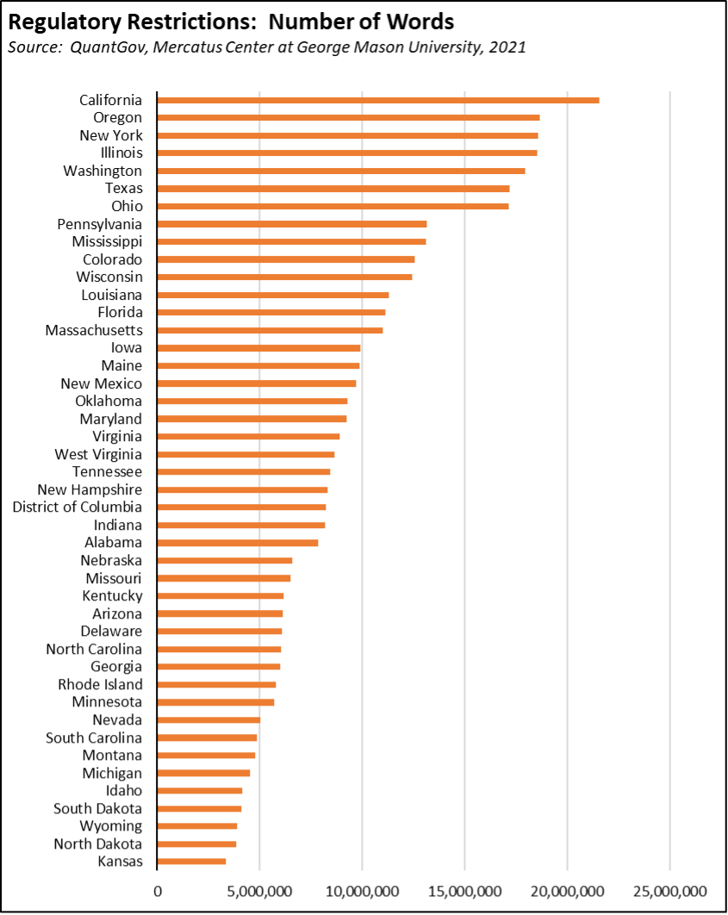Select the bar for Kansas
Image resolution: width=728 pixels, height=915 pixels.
tap(191, 861)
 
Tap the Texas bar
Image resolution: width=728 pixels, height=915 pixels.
tap(333, 188)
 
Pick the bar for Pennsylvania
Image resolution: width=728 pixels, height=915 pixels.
tap(291, 224)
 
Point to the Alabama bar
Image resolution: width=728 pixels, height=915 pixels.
tap(237, 542)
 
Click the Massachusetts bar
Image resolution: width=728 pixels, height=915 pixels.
tap(270, 330)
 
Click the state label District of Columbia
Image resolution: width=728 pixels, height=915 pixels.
tap(77, 507)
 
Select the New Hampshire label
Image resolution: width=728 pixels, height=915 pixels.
tap(96, 489)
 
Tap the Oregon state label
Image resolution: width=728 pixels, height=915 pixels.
tap(117, 117)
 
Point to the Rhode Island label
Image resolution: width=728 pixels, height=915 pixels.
tap(100, 684)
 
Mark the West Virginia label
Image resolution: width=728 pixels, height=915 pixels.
tap(98, 454)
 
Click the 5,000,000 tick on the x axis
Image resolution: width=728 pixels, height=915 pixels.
tap(259, 889)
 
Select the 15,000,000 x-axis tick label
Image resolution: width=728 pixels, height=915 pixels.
tap(464, 889)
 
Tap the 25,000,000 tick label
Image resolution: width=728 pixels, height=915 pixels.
tap(669, 889)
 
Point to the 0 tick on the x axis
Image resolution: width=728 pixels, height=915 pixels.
tap(157, 889)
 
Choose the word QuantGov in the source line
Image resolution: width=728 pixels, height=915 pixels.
tap(98, 47)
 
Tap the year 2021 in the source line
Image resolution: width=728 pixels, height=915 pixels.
tap(507, 47)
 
